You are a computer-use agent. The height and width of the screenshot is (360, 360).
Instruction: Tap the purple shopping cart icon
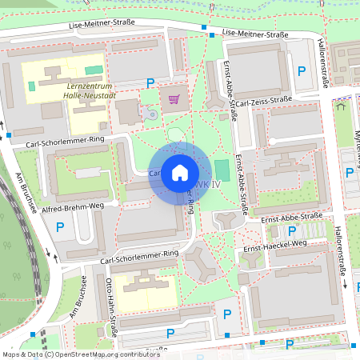coord(174,99)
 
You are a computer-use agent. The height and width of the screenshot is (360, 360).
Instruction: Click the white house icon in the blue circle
coord(179,173)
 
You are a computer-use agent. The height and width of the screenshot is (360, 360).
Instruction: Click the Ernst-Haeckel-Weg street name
coord(275,248)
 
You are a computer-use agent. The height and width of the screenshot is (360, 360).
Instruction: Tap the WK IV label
coord(209,186)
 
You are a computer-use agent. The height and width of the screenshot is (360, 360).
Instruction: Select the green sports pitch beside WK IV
coord(221,170)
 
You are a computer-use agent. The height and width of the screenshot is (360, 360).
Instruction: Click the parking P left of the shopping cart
coord(150,82)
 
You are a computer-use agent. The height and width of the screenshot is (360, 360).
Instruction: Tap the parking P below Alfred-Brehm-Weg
coord(60,228)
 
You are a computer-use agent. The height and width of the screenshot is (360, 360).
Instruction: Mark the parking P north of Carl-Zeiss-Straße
coord(302,72)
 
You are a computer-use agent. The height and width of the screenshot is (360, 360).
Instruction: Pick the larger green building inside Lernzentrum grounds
coord(94,71)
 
